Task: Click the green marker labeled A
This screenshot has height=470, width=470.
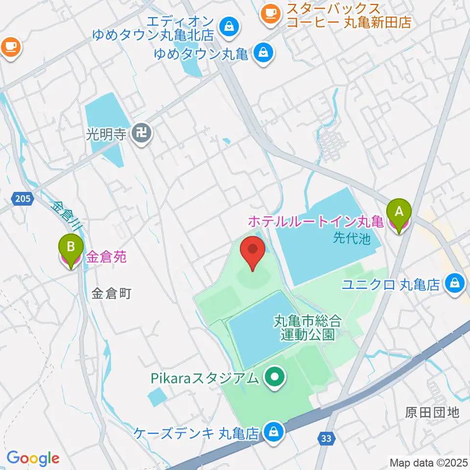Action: coord(399,212)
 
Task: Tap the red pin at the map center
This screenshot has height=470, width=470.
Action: coord(253,250)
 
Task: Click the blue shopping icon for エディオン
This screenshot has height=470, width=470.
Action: coord(229,25)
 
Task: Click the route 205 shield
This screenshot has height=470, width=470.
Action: coord(22,199)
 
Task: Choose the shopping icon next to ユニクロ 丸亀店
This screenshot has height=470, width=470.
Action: coord(455,284)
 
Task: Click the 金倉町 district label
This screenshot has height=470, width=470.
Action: coord(112,294)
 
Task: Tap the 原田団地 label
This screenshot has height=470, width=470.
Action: coord(432,412)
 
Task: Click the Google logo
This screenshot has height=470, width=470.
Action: coord(33,459)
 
